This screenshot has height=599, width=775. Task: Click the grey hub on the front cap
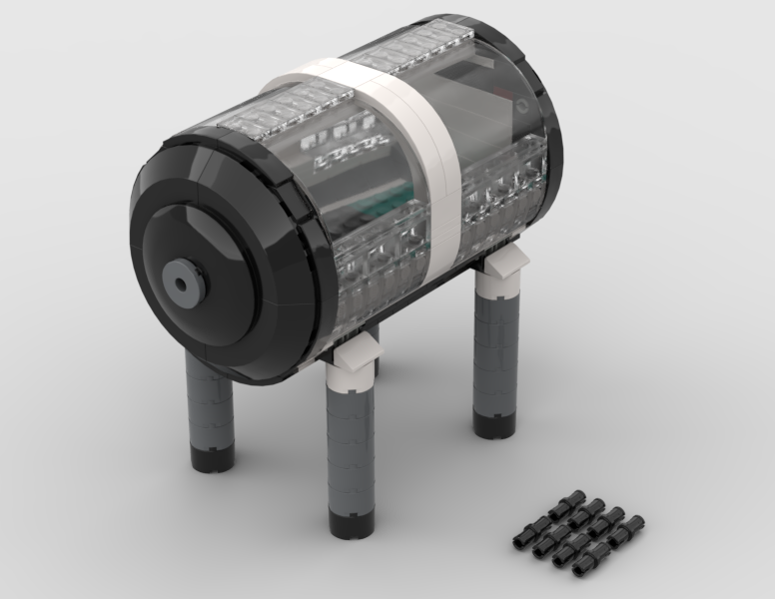click(184, 282)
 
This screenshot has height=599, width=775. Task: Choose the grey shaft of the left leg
click(209, 404)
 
